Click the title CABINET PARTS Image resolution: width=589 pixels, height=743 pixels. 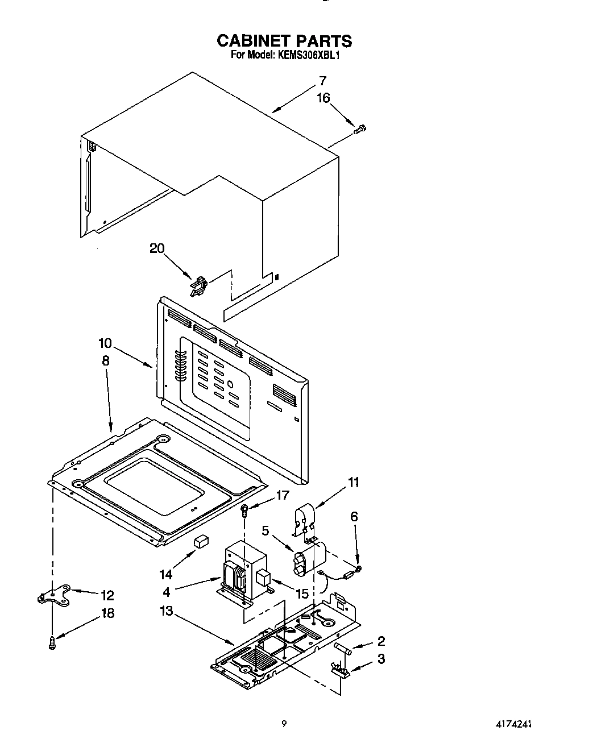(284, 41)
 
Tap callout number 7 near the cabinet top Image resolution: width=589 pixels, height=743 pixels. (322, 81)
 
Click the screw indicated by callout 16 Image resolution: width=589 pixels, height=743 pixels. (359, 130)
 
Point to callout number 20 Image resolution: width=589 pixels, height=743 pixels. (156, 248)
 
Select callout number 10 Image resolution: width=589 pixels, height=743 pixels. (105, 343)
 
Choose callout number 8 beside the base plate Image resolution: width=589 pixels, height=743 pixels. (105, 360)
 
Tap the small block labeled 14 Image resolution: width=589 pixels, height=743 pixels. (200, 541)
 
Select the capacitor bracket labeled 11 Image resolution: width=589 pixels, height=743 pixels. (305, 521)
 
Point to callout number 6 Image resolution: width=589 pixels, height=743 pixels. (354, 516)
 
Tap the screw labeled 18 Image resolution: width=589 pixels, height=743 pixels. (52, 643)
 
